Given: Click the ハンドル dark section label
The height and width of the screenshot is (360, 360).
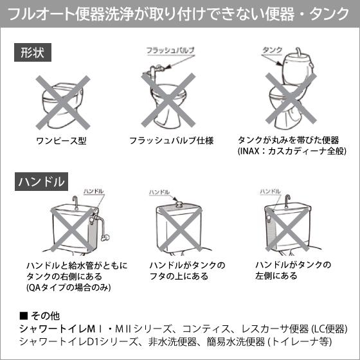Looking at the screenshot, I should pos(40,181).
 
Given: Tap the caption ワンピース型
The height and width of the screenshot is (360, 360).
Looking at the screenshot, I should pos(62,140).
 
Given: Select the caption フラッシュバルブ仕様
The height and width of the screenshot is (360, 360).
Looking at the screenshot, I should pos(171,140).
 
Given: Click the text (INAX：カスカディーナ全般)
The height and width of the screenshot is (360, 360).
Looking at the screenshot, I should pos(292,151).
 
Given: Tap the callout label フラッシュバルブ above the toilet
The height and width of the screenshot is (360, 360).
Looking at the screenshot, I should pos(170,50).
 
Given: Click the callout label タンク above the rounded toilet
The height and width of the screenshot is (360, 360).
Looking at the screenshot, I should pos(273,50).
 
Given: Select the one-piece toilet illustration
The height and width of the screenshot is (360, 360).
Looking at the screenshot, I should pos(62,103).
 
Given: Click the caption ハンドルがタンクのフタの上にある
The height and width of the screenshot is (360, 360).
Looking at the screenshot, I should pos(187,270).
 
